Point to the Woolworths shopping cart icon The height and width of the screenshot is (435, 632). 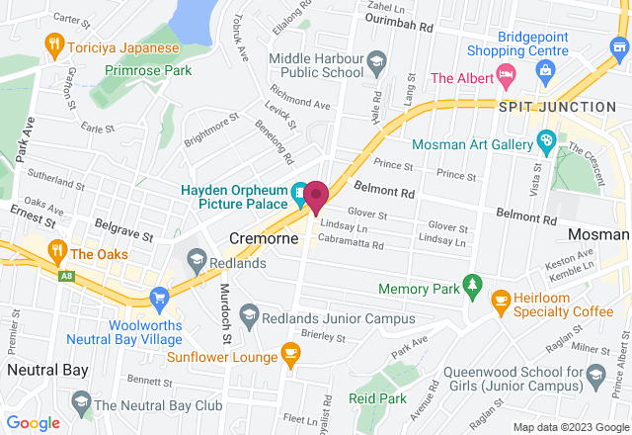click(158, 298)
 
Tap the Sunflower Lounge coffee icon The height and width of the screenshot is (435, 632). click(289, 352)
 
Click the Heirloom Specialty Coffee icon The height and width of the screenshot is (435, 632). click(501, 299)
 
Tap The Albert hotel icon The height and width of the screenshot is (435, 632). click(505, 73)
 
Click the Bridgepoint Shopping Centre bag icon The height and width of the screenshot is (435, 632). click(544, 69)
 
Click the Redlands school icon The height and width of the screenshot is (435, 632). click(196, 261)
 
